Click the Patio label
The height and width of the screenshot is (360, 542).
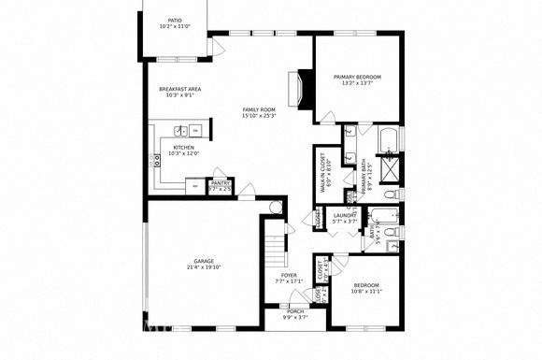point(175,19)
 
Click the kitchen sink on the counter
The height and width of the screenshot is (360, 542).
point(179,131)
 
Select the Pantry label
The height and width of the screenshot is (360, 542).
point(220,183)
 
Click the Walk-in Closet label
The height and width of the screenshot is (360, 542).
point(323,174)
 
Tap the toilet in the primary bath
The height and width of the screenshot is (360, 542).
point(391,193)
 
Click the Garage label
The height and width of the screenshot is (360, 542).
point(204,261)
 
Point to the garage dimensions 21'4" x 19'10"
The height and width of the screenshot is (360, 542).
point(204,267)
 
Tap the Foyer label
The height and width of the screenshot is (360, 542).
point(290,275)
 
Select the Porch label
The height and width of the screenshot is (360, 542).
point(295,310)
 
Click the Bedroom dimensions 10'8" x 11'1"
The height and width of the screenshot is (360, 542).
point(366,291)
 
